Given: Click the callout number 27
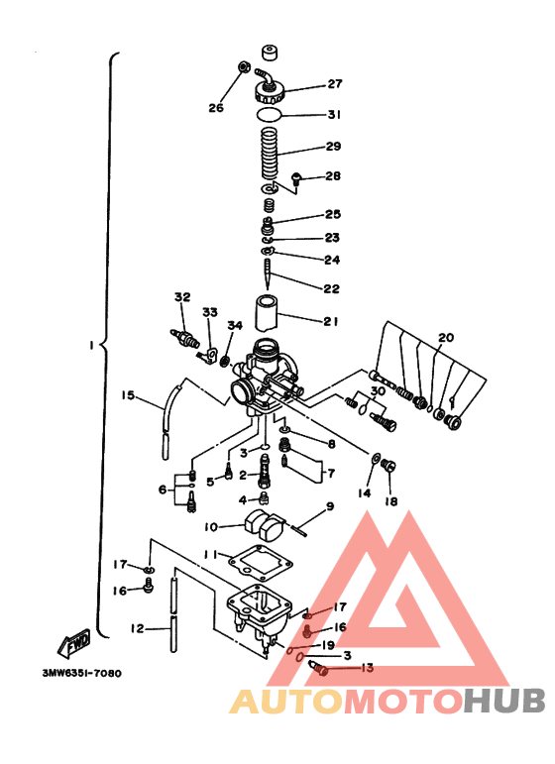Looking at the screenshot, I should click(x=334, y=84).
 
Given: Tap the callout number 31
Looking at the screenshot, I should click(x=334, y=115).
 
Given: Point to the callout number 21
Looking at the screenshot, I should click(x=331, y=320).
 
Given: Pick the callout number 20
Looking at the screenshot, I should click(x=446, y=338).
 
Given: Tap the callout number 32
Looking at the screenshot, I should click(x=181, y=297).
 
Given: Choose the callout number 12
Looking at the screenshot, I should click(x=137, y=627).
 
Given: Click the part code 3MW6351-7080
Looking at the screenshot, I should click(x=81, y=673).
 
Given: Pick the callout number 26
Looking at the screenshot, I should click(x=216, y=108).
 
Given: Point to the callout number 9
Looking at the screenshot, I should click(x=330, y=506).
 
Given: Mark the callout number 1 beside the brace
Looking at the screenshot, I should click(x=90, y=346).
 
